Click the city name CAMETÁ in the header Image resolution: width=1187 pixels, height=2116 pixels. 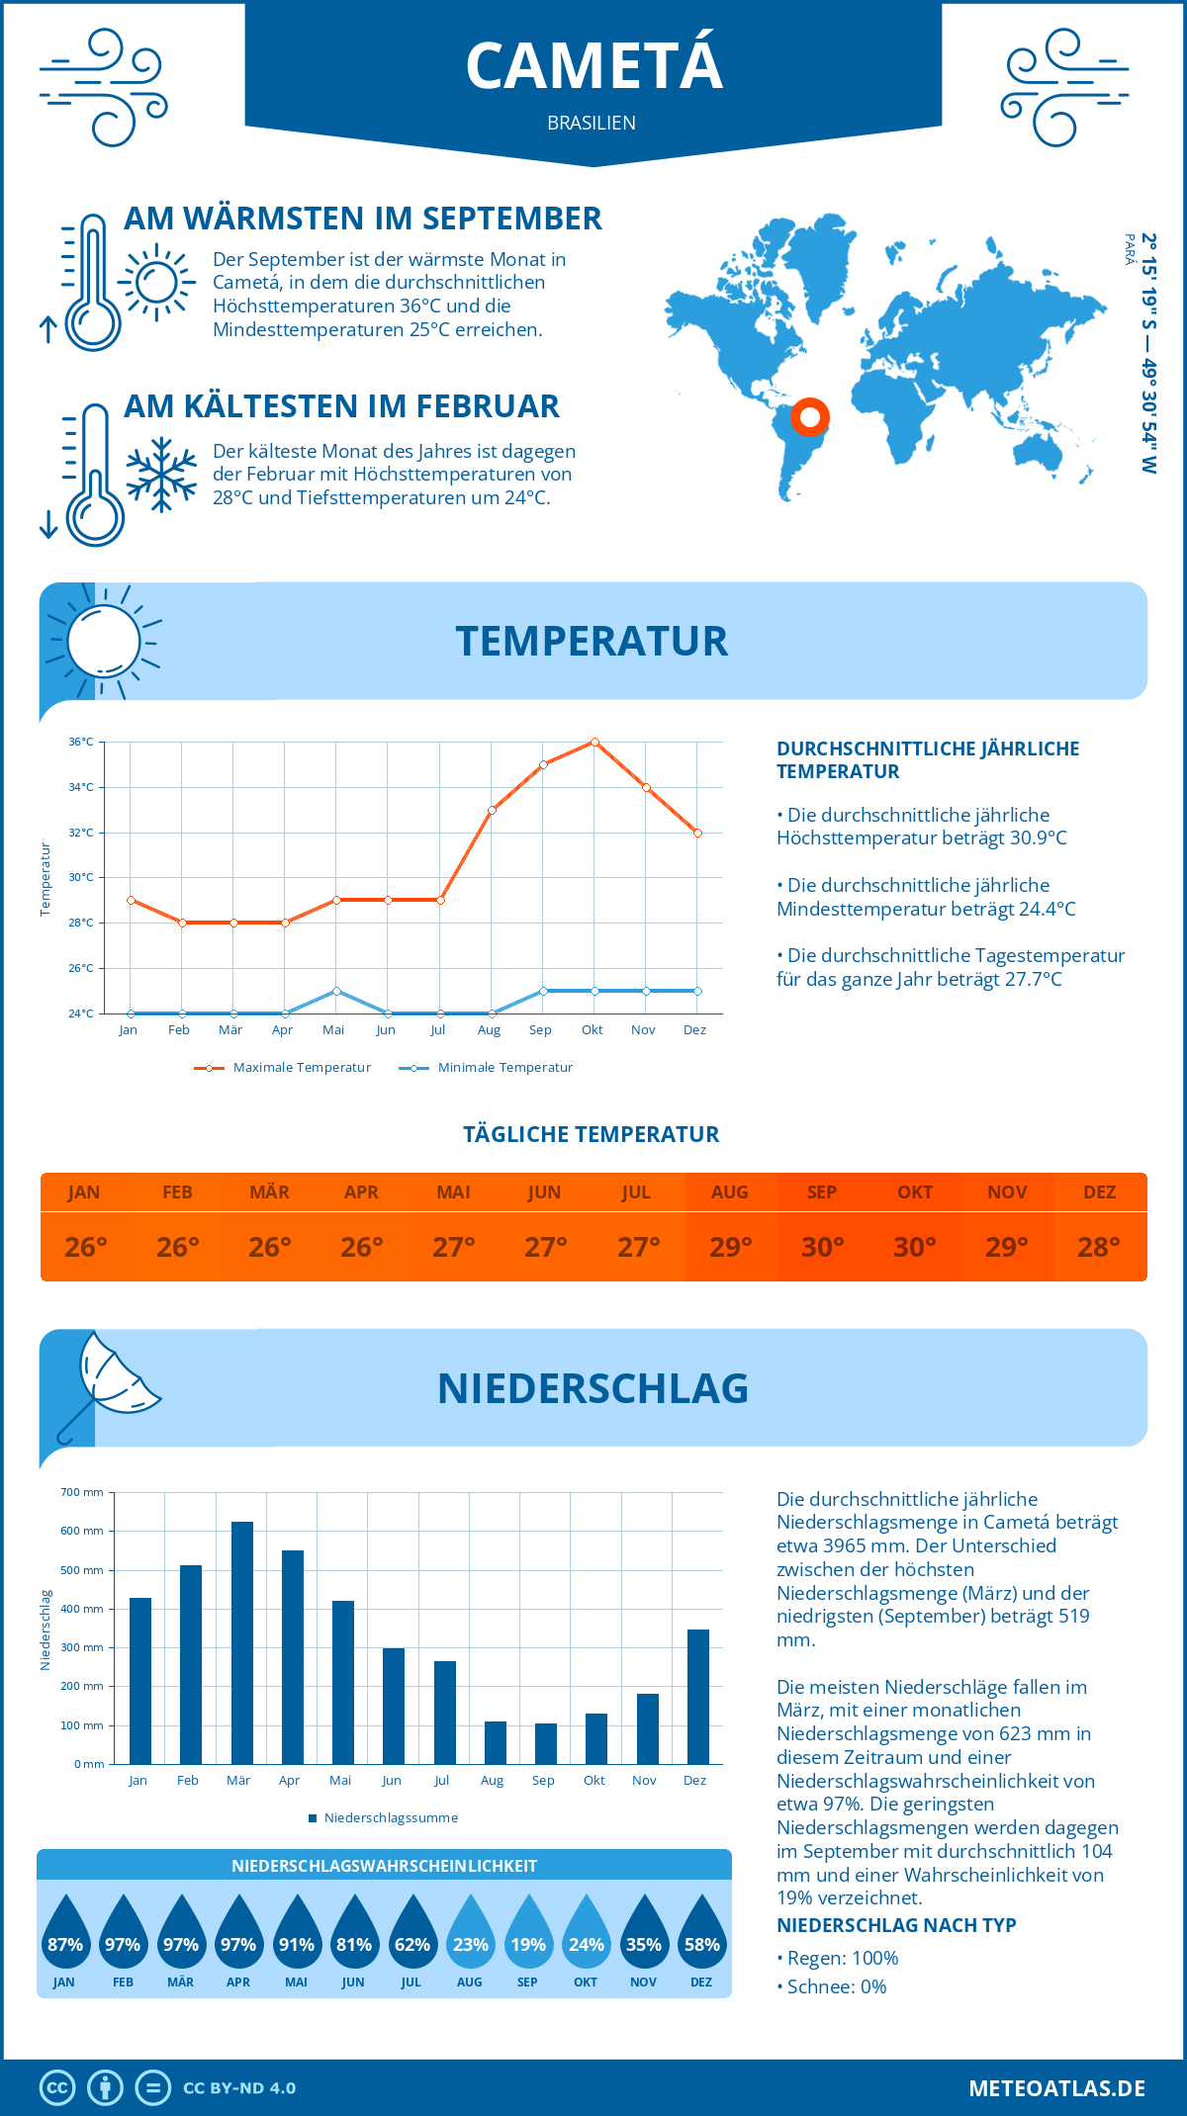[x=593, y=66]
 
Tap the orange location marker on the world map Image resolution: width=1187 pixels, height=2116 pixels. [x=809, y=417]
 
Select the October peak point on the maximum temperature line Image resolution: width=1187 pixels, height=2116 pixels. [x=594, y=742]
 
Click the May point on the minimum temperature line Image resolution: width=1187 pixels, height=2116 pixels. [x=336, y=991]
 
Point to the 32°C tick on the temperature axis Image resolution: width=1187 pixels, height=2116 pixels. [x=81, y=833]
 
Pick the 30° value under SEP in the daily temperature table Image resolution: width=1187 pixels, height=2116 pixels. [x=822, y=1247]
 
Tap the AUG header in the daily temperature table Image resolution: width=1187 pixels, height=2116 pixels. [x=730, y=1192]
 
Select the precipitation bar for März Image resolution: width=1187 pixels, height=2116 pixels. [x=241, y=1642]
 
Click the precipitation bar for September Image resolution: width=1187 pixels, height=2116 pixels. [x=546, y=1743]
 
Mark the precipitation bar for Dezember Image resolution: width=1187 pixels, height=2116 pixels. [x=698, y=1697]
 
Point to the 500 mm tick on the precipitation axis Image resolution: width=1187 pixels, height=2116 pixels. [x=83, y=1570]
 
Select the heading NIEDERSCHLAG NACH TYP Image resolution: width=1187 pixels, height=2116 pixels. [x=896, y=1925]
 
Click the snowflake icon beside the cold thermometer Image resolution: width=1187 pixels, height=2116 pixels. [x=161, y=475]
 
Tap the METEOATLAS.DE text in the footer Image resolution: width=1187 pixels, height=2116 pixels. [x=1056, y=2088]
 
